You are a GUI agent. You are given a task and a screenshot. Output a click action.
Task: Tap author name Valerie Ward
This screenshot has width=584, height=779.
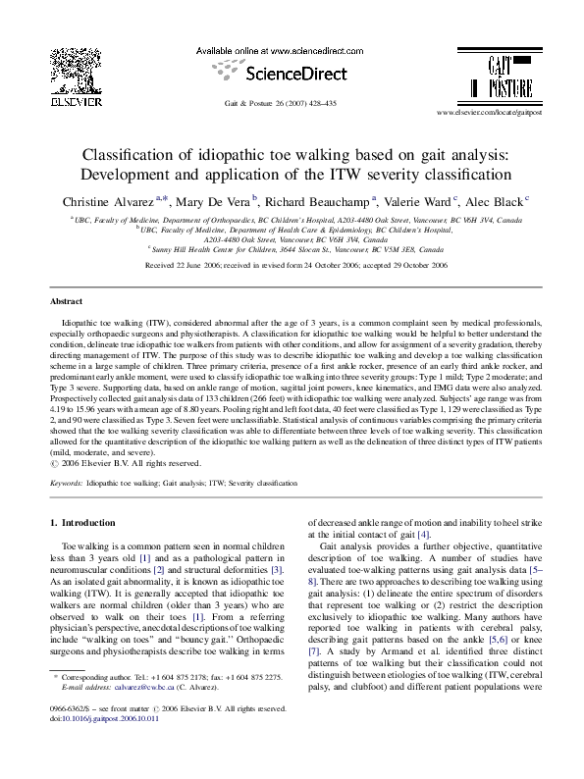click(419, 201)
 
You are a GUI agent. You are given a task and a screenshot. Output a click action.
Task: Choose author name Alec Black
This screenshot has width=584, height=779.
click(498, 201)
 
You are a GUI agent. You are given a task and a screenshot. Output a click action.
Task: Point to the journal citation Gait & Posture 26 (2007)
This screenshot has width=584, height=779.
click(280, 104)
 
